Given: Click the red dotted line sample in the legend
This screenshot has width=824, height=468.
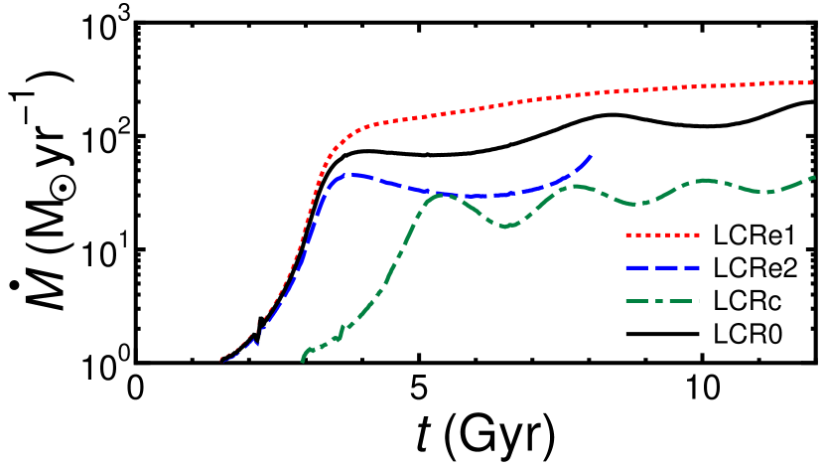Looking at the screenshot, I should pos(662,235).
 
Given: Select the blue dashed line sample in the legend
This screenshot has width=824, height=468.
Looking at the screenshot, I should pos(662,268).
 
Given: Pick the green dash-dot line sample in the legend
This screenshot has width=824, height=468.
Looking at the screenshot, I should pos(662,301).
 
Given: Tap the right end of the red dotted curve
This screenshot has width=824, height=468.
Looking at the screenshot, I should pos(814,82).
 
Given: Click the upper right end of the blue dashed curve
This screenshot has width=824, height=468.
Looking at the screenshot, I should pos(592,156).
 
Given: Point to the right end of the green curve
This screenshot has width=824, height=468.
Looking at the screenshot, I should pos(815,178).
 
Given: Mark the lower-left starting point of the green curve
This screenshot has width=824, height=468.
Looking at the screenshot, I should pos(303,361).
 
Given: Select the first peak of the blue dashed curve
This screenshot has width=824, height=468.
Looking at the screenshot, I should pos(349,175).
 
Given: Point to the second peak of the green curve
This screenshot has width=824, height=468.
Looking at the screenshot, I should pos(576,186).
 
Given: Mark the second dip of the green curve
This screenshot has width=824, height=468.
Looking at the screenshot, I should pos(640,204).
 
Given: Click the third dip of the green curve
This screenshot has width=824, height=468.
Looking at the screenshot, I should pos(762,192).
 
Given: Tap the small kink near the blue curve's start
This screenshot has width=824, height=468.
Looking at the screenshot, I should pos(254,342).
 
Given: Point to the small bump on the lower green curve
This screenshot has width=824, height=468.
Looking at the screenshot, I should pos(343,327).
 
